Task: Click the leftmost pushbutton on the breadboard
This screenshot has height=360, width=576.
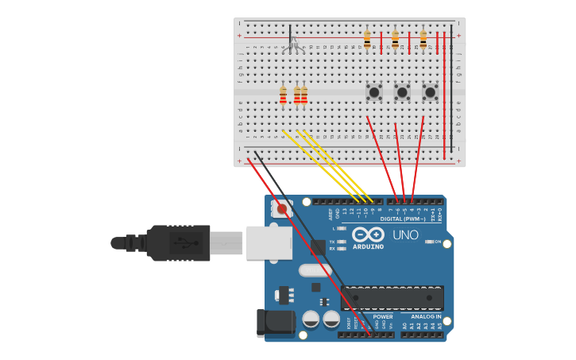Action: tap(373, 92)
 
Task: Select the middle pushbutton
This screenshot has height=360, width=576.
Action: tap(402, 92)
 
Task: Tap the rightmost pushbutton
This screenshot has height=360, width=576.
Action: tap(430, 92)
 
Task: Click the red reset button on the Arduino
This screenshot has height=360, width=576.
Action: tap(282, 209)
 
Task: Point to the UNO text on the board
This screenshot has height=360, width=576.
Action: tap(405, 235)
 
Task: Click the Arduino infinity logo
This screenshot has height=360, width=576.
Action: tap(368, 235)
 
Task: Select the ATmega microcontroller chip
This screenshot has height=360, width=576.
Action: tap(392, 298)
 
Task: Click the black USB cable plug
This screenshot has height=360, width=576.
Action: tap(179, 242)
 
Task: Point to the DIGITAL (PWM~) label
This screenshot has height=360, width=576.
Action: tap(402, 219)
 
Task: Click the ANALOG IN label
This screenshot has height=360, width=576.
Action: tap(426, 316)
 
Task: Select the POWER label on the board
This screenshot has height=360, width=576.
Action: tap(383, 316)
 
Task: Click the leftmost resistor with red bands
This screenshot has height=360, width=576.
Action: tap(283, 95)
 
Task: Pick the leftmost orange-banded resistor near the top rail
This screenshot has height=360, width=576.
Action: tap(367, 37)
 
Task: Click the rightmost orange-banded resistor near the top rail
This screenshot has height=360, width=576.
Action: tap(423, 37)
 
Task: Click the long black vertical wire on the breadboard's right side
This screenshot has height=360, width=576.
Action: tap(451, 87)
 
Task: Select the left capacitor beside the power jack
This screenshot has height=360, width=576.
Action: tap(311, 319)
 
